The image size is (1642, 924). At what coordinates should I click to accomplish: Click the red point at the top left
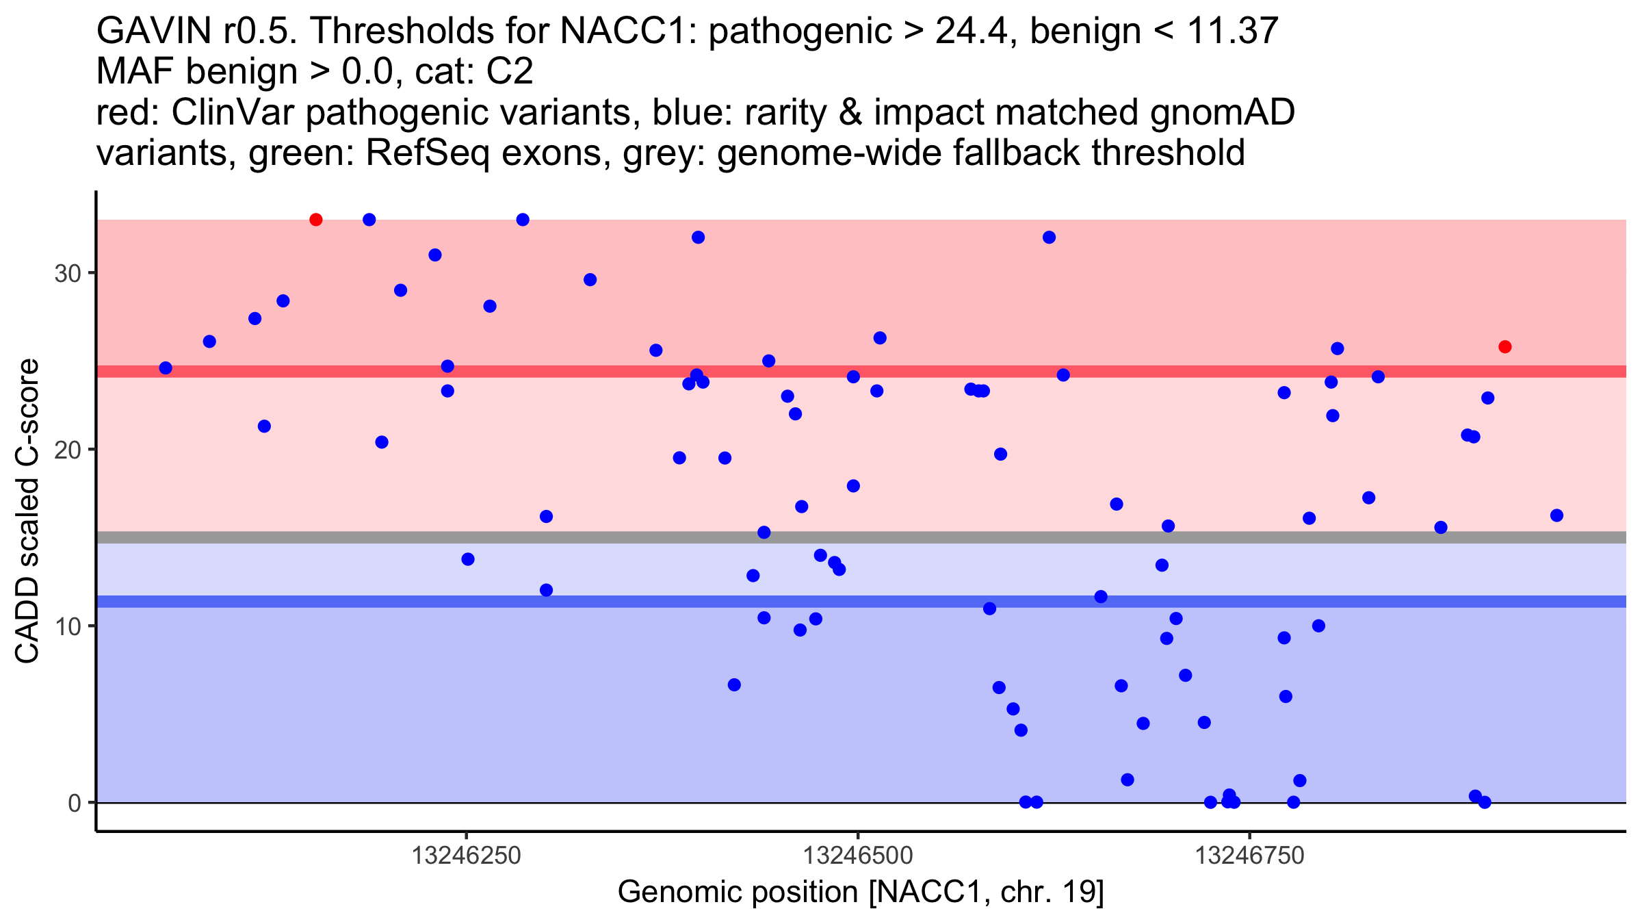315,220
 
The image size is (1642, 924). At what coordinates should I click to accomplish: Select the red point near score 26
1504,347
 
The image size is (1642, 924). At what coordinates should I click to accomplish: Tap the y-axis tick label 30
67,274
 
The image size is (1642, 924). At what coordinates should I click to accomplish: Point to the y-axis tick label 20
67,450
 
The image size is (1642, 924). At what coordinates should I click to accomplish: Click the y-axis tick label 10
67,626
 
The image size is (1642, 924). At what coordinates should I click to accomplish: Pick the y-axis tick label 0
74,803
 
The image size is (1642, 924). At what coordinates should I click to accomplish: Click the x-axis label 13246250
466,856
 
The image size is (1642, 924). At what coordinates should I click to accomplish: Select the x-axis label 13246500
857,856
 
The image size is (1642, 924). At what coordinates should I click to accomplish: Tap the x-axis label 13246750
1249,856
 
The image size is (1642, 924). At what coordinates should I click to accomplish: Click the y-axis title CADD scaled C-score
27,511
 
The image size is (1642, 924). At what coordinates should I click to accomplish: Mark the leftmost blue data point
166,368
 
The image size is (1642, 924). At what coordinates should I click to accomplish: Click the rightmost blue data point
1556,515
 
